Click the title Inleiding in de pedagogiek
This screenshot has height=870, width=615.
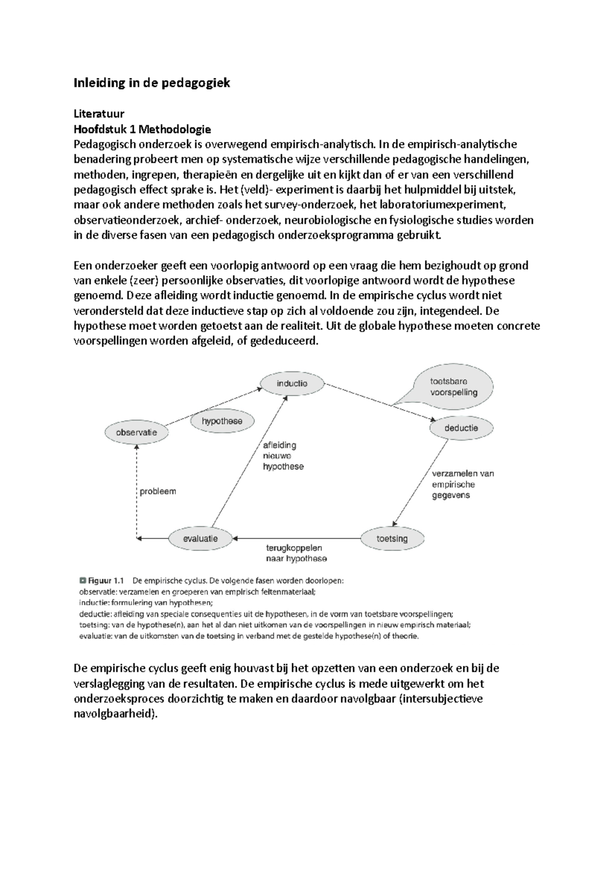pyautogui.click(x=152, y=83)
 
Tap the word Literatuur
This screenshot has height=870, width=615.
pyautogui.click(x=99, y=113)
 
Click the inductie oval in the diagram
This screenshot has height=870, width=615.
pyautogui.click(x=292, y=383)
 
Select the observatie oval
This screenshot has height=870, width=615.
pyautogui.click(x=136, y=432)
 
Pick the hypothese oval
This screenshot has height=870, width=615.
pyautogui.click(x=222, y=421)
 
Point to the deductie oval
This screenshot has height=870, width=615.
pyautogui.click(x=461, y=428)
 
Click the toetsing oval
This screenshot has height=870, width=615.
pyautogui.click(x=392, y=538)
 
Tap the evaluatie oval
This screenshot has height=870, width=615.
pyautogui.click(x=200, y=538)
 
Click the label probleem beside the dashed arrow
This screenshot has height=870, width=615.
pyautogui.click(x=158, y=491)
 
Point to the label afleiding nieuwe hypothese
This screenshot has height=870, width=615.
pyautogui.click(x=283, y=456)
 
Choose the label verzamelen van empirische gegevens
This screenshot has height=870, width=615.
pyautogui.click(x=462, y=484)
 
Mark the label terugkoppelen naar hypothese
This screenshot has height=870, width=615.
pyautogui.click(x=296, y=553)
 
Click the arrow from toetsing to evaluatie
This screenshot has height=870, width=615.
pyautogui.click(x=297, y=538)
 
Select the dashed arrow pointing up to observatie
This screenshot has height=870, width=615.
pyautogui.click(x=137, y=492)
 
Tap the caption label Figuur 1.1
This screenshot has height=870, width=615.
pyautogui.click(x=106, y=581)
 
